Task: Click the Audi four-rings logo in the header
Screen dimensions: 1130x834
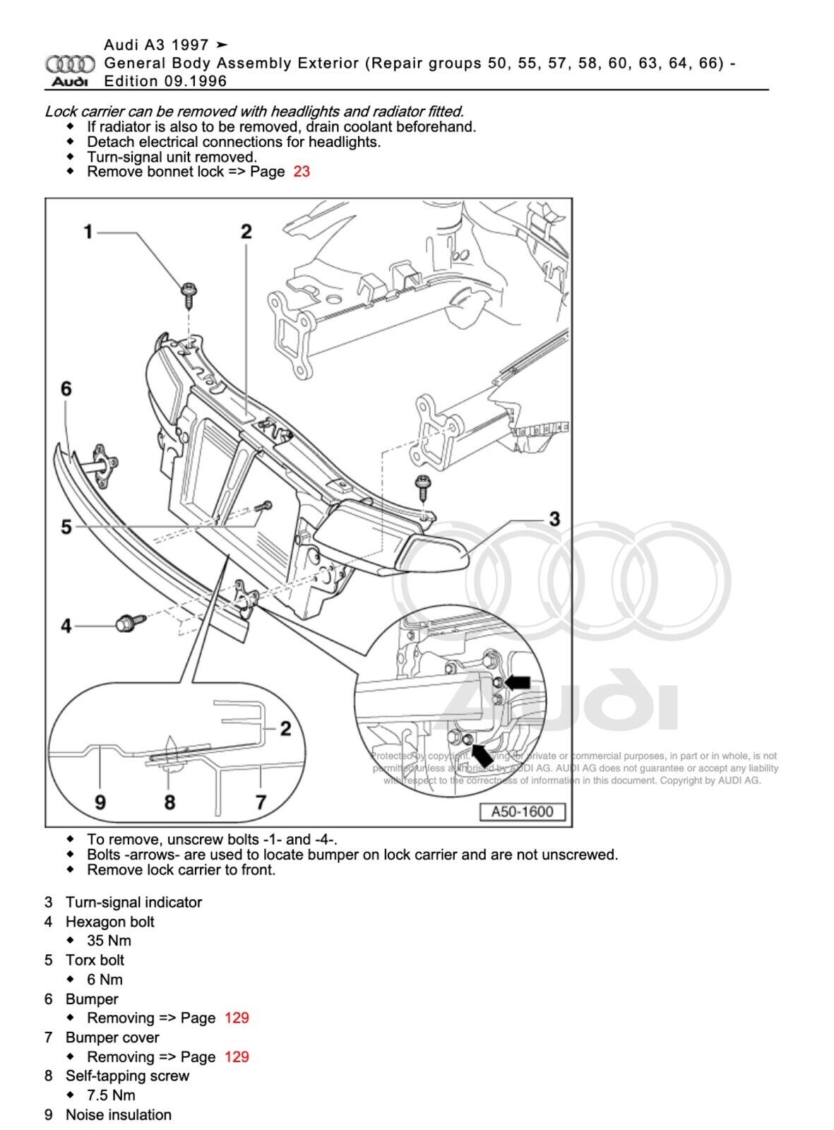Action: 70,64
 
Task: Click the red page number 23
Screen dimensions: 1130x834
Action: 302,172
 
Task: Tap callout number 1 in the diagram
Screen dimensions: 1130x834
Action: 88,232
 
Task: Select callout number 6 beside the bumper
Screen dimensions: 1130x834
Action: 66,388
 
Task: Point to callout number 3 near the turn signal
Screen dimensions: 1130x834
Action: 554,519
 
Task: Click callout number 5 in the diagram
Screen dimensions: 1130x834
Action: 66,527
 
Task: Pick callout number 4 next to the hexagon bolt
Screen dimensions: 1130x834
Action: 66,626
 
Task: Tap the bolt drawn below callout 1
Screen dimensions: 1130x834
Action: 189,294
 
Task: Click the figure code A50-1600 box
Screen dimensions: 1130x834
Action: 522,811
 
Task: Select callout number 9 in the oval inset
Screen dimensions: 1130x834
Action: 100,802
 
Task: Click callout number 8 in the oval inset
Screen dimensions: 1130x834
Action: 169,802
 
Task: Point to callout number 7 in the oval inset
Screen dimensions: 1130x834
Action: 261,802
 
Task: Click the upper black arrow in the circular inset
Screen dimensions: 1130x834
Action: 517,682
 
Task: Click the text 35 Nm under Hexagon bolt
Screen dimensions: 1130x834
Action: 109,941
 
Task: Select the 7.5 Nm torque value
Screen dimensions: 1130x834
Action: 111,1095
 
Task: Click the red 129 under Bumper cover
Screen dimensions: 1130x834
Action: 237,1057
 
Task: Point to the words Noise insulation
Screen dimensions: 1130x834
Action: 119,1114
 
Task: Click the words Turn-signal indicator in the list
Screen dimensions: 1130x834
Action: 133,902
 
